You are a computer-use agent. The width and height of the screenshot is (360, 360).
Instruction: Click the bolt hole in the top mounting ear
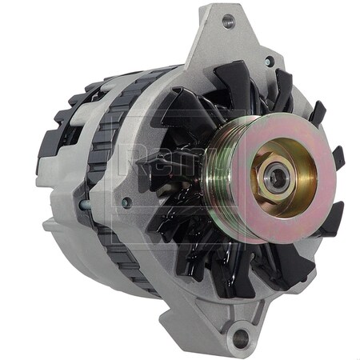[x=228, y=21]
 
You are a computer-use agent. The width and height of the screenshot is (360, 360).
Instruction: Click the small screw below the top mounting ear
[x=270, y=61]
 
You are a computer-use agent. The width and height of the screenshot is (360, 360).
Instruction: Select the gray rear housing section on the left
[x=72, y=208]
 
